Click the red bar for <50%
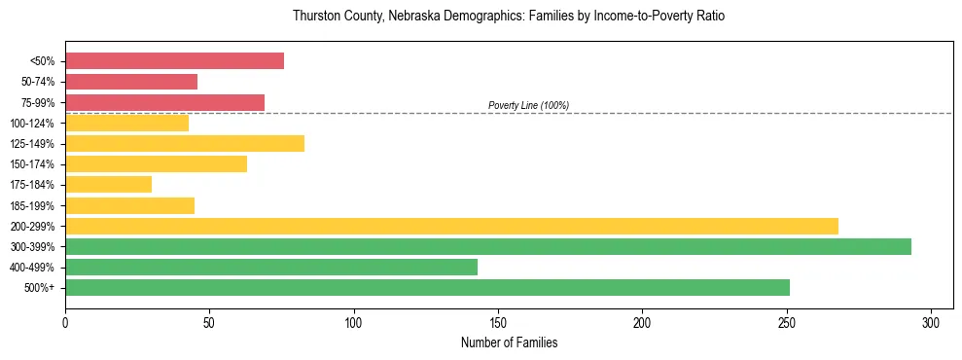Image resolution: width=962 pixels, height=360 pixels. point(174,61)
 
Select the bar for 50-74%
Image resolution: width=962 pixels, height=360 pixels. point(131,82)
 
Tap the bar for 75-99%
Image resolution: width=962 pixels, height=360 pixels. point(164,102)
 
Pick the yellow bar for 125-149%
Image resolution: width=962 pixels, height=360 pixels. point(185,144)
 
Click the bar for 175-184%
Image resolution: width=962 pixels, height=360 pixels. point(108,185)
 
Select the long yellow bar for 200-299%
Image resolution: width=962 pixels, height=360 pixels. point(451,226)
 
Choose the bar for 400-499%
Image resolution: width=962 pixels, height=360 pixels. point(271,268)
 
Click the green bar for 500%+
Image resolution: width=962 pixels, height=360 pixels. point(427,288)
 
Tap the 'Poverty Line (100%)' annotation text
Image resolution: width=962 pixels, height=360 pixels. point(528,105)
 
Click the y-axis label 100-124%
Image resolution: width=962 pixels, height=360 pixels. point(33,124)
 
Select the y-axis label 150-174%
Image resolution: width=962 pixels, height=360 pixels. point(33,164)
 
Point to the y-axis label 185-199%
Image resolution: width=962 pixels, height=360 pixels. point(33,206)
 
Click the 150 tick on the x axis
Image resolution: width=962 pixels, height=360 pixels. point(498,322)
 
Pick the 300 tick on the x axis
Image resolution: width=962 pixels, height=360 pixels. point(931,322)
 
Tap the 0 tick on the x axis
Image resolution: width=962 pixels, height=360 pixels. point(65,322)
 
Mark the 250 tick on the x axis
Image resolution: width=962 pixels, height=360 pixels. point(787,322)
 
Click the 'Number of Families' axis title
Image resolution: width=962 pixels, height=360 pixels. point(509,342)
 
